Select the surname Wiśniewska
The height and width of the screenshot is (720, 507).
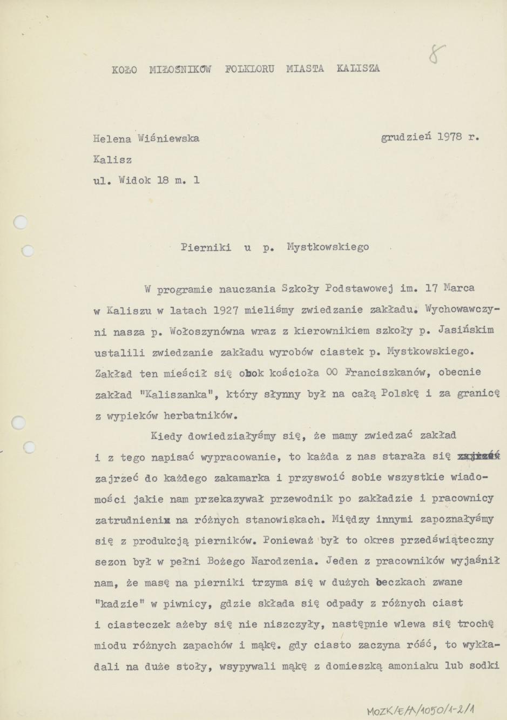coord(168,138)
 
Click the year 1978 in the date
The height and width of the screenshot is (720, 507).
coord(449,137)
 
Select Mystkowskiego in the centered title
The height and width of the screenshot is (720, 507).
coord(328,247)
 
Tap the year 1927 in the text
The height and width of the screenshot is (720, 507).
coord(226,310)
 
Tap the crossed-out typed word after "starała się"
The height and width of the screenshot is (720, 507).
coord(478,456)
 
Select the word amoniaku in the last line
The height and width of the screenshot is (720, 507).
coord(409,667)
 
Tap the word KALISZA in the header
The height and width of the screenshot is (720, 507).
coord(358,69)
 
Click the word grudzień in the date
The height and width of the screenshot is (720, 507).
coord(406,137)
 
